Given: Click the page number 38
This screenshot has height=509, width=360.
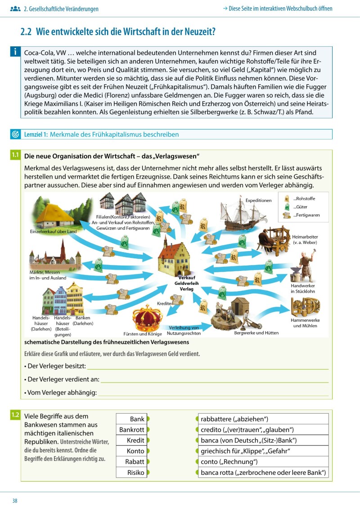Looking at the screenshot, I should (15, 501).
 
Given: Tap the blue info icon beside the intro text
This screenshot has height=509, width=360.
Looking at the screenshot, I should (15, 52).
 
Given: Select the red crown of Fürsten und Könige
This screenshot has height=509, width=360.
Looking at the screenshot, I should (147, 318).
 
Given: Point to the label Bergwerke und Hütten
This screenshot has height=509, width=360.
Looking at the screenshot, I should (256, 333).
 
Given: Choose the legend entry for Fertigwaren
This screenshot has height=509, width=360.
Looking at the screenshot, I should (306, 215).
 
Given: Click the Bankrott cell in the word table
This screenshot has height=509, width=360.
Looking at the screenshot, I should (131, 430).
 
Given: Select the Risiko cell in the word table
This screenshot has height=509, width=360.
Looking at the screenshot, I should (131, 473).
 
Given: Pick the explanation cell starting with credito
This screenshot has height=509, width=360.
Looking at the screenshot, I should (263, 430).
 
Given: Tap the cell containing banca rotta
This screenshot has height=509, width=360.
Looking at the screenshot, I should (263, 473).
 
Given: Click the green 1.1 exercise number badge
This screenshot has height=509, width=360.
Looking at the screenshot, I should (15, 155).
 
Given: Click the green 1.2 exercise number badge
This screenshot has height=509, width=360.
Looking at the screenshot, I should (15, 415).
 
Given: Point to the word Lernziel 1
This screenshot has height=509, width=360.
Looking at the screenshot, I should (36, 135).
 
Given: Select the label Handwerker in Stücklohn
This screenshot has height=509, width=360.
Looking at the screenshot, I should (303, 288).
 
